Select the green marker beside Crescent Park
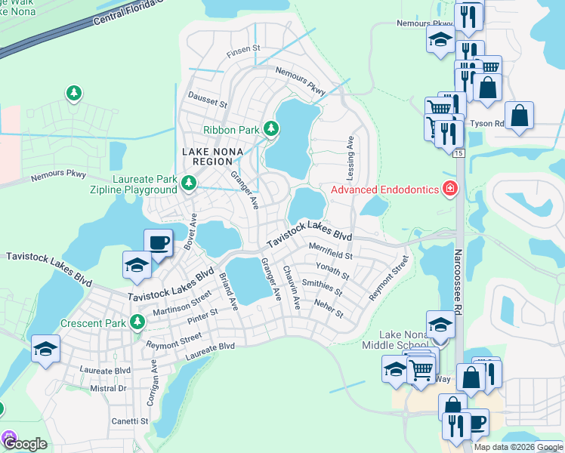point(137,322)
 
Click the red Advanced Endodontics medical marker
point(451,189)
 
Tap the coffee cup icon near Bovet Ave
point(158,243)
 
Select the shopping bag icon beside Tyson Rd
point(520,116)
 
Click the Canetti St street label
point(130,421)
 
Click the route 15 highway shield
point(458,153)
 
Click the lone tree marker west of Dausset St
point(73,93)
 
